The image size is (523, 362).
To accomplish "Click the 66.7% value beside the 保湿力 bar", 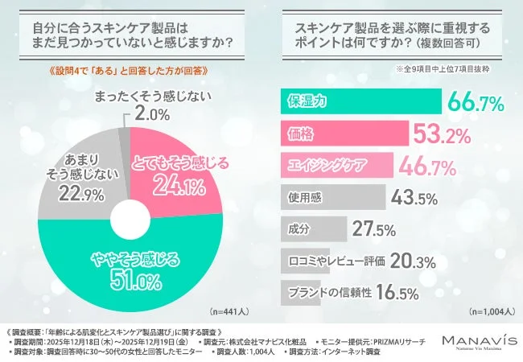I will [x=475, y=102].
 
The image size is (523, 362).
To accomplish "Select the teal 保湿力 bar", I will [x=360, y=102].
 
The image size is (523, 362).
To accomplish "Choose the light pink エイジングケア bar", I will [x=336, y=165].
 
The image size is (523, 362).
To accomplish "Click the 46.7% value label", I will [x=430, y=165].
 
